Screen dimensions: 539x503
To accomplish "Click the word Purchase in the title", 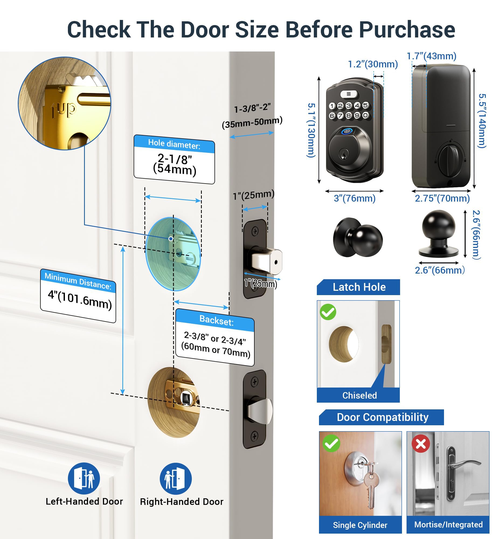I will click(407, 30).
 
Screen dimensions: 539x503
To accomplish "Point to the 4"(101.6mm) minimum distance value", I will click(80, 300).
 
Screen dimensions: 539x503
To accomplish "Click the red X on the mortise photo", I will click(421, 444).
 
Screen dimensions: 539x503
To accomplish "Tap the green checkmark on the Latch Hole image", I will click(328, 312).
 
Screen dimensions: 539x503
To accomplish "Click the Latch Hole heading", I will click(359, 287).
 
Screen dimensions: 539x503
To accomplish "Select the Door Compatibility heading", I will click(382, 417).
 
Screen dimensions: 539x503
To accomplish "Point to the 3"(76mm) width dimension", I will click(355, 198).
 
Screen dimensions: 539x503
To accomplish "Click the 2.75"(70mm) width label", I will click(442, 198).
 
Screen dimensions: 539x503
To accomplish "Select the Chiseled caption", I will click(359, 395).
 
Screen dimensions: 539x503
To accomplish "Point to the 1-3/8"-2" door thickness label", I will click(252, 108).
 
